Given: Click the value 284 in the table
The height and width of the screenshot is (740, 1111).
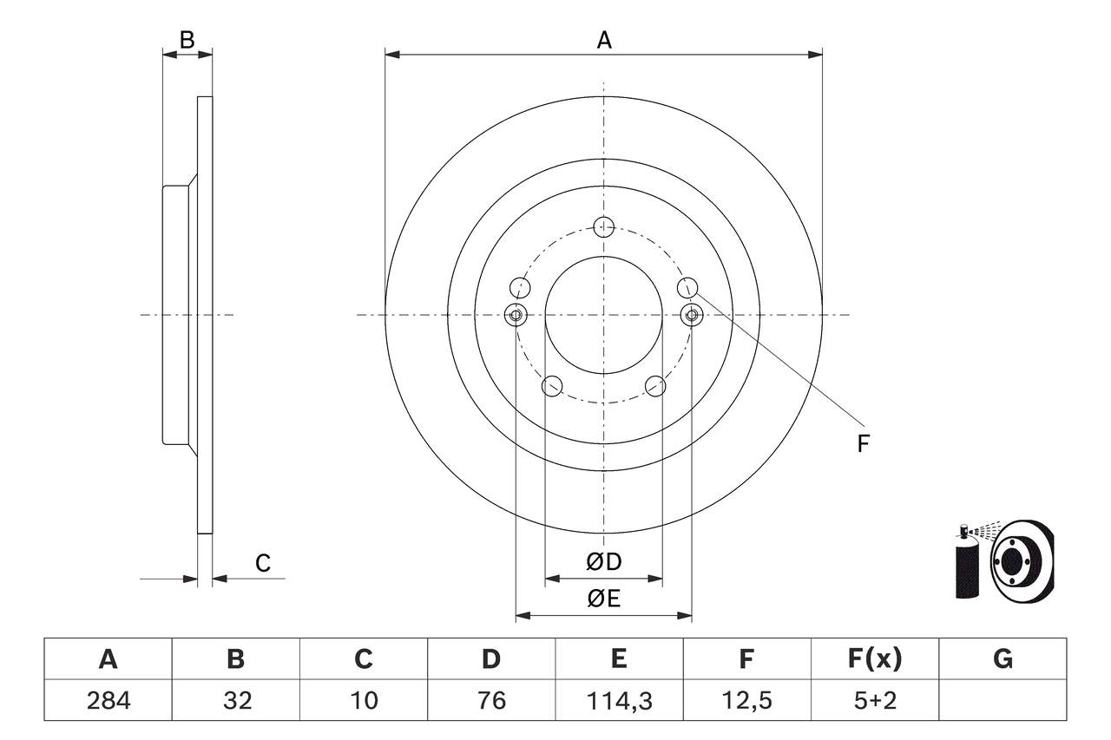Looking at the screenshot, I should point(108,700).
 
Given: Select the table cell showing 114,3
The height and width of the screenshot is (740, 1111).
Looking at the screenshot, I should point(618,700).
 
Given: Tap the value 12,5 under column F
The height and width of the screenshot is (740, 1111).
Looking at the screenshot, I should point(746,700).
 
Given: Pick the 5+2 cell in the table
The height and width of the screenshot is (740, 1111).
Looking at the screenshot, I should point(874,700).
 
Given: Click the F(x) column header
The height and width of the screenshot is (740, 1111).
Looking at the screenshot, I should point(874,659).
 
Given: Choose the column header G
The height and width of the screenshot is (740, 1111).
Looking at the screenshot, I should point(1003,659).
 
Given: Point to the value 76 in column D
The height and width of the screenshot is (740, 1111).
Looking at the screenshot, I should point(490,700).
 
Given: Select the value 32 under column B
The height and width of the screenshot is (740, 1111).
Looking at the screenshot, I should point(235,700).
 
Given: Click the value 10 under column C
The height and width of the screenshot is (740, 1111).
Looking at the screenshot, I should point(363,700).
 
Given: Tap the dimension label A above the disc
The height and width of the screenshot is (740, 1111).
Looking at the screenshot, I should point(604,39).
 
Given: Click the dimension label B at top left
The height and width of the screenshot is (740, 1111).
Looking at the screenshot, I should point(187,39).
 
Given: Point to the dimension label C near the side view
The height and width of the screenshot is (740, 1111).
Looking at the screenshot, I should point(262,563).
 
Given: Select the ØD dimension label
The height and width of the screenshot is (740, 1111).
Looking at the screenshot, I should point(604,562).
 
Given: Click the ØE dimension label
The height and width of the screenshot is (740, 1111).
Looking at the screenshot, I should point(604,599).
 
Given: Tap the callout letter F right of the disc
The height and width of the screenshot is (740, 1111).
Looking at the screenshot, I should point(863,444).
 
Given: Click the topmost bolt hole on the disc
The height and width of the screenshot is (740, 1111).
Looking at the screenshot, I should point(604,227).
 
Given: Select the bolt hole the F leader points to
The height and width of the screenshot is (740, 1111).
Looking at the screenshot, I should point(687,286).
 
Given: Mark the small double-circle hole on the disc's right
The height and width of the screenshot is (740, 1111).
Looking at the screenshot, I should point(692,315).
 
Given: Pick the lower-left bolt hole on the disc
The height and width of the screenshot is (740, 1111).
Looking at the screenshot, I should point(552,386).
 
